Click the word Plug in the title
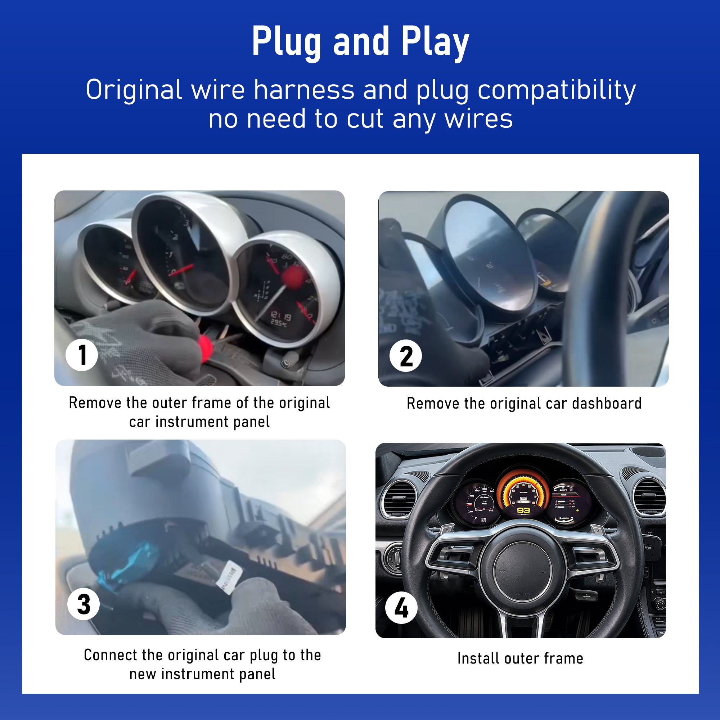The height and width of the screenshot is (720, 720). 286,42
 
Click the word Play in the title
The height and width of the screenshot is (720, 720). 435,42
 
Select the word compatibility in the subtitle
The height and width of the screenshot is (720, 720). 557,91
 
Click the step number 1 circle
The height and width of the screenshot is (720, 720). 82,355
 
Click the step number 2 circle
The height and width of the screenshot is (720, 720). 405,356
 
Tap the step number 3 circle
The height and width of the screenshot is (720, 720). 84,604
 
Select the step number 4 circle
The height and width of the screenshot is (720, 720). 401,608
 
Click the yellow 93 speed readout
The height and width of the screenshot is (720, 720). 523,510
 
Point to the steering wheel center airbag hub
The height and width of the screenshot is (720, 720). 523,570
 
